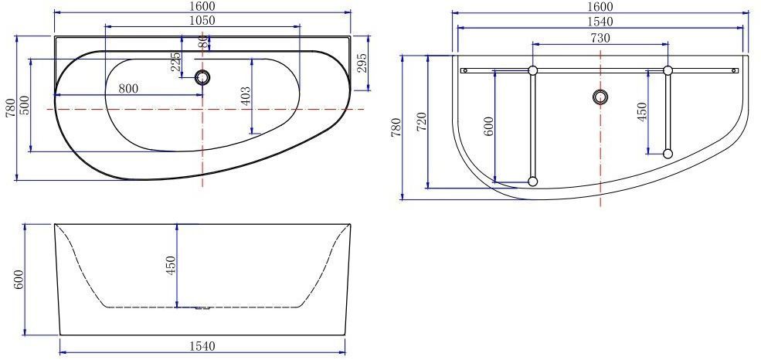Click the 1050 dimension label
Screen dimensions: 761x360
tap(202, 20)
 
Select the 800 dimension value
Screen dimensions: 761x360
tap(128, 89)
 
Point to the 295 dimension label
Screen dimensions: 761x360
tap(362, 63)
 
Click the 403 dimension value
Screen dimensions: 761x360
tap(246, 96)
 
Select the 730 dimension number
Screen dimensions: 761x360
tap(600, 38)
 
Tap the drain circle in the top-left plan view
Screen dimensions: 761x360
tap(202, 76)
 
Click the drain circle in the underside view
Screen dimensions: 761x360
tap(601, 97)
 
